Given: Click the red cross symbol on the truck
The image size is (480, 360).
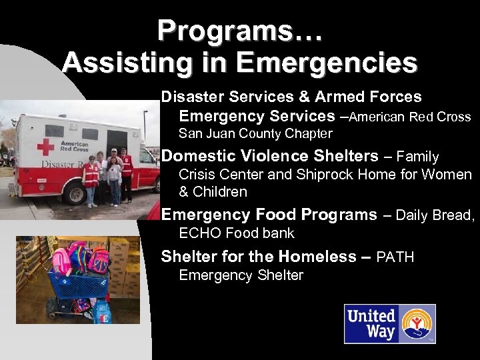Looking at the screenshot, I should pyautogui.click(x=45, y=147).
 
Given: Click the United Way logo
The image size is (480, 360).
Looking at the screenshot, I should pyautogui.click(x=389, y=324).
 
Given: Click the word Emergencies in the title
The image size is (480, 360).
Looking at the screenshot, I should pyautogui.click(x=327, y=63).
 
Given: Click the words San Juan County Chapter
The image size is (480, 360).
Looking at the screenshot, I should pyautogui.click(x=255, y=133).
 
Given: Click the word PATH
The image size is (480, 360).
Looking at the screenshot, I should pyautogui.click(x=395, y=257).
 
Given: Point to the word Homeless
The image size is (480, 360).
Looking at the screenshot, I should pyautogui.click(x=317, y=257).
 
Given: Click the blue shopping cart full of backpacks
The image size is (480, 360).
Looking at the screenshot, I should pyautogui.click(x=77, y=287).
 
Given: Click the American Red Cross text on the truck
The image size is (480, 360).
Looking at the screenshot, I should pyautogui.click(x=74, y=146).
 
